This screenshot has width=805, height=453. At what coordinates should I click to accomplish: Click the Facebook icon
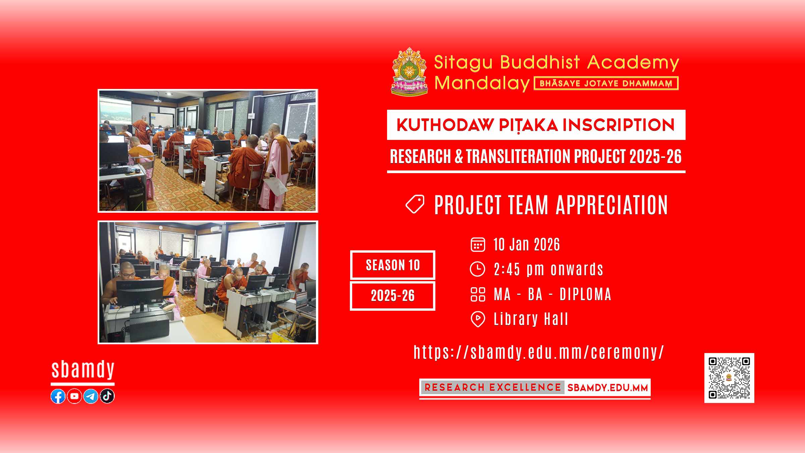coord(58,396)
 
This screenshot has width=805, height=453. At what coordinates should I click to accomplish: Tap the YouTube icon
coord(74,396)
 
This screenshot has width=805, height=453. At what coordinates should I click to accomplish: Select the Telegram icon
coord(91,396)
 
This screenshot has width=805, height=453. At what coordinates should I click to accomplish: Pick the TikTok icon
coord(107,396)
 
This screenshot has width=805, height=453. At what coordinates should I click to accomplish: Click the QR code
coord(729,378)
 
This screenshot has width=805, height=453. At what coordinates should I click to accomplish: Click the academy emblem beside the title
coord(410,71)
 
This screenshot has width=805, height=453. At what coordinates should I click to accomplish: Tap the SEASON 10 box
coord(393,265)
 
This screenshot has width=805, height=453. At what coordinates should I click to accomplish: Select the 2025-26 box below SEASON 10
coord(393,296)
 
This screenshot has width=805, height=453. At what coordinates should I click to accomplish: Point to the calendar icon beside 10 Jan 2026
coord(478,244)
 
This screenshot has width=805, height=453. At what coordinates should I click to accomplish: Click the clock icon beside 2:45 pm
coord(478,269)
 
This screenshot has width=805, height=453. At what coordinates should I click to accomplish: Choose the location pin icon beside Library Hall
coord(478,319)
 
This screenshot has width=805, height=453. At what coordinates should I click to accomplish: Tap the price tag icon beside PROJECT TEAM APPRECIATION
coord(415,204)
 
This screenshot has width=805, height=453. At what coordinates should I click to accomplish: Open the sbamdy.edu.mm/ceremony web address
coord(539,352)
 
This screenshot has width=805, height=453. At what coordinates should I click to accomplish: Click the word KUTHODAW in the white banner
coord(445,125)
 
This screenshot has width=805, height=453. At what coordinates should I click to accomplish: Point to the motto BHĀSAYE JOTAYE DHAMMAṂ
coord(606,84)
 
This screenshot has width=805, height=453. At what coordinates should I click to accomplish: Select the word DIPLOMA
coord(586,294)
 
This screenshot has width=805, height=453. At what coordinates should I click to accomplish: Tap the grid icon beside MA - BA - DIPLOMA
coord(478,294)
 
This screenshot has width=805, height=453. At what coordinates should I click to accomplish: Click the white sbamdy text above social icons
coord(83,370)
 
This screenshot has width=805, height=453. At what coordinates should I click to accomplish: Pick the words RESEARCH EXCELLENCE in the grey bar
coord(493,388)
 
